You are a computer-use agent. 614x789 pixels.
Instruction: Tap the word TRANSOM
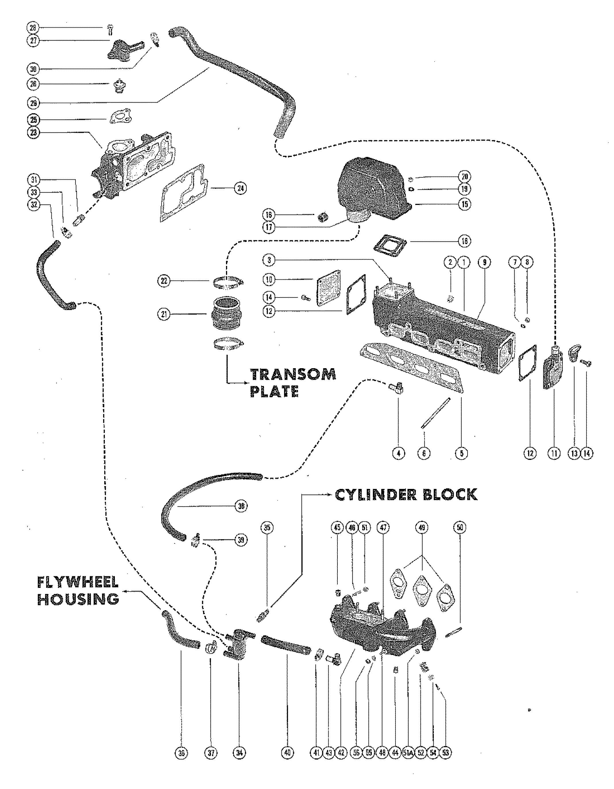[293, 374]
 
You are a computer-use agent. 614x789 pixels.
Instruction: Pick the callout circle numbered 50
[459, 528]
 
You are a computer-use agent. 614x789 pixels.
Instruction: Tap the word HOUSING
[78, 599]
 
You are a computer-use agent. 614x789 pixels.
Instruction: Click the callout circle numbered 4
[399, 453]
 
